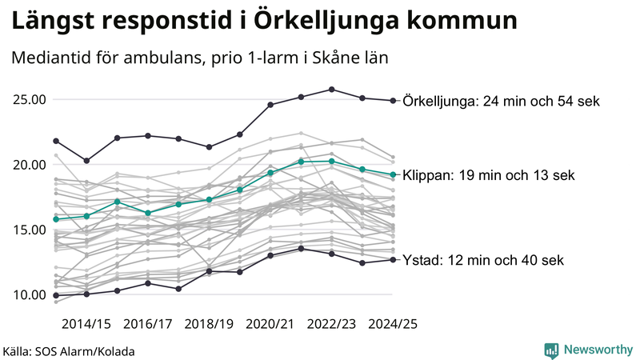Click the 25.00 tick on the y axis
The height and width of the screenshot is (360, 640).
pyautogui.click(x=29, y=100)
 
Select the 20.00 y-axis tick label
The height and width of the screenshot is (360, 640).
pyautogui.click(x=29, y=165)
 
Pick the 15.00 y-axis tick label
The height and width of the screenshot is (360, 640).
pyautogui.click(x=29, y=230)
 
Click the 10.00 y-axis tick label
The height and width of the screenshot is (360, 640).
pyautogui.click(x=29, y=294)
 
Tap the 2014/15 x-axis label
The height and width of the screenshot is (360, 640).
pyautogui.click(x=86, y=324)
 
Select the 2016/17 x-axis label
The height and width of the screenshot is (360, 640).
pyautogui.click(x=147, y=324)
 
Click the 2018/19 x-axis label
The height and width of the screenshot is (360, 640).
pyautogui.click(x=209, y=324)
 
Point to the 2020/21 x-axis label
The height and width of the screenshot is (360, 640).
pyautogui.click(x=270, y=324)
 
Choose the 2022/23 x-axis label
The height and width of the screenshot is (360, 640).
pyautogui.click(x=331, y=324)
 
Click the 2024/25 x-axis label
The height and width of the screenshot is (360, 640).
pyautogui.click(x=393, y=324)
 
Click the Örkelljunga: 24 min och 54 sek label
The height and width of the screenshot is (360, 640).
pyautogui.click(x=501, y=101)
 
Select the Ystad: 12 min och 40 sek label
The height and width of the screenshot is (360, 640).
pyautogui.click(x=483, y=260)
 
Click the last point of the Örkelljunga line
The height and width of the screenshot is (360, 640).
pyautogui.click(x=393, y=101)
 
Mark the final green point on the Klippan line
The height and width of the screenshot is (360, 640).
pyautogui.click(x=393, y=174)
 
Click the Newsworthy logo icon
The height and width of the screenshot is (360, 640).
pyautogui.click(x=551, y=350)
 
